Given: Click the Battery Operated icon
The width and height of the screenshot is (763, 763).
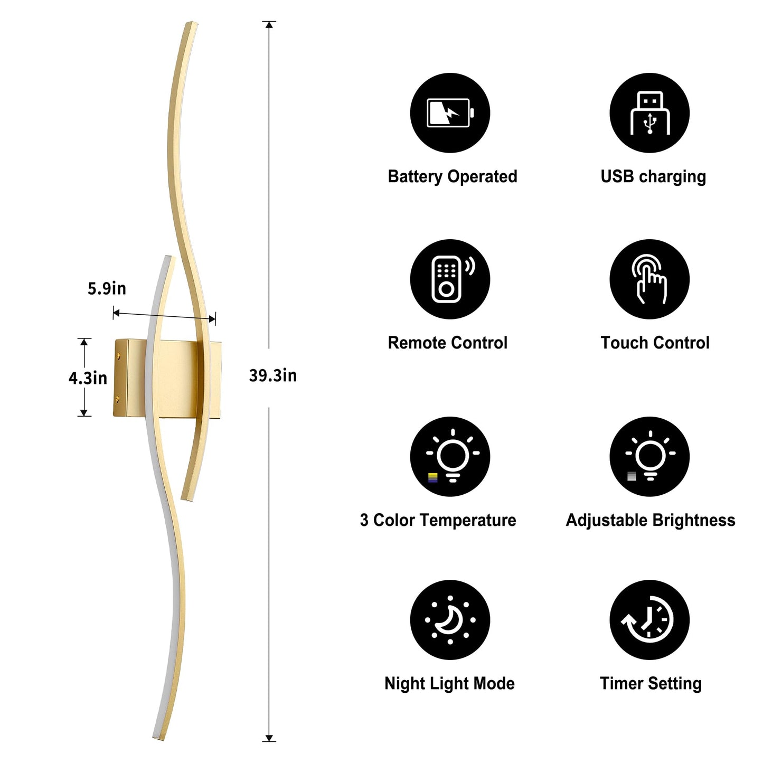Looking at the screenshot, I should (x=450, y=113).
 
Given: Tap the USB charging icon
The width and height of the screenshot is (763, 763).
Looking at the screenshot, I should (x=649, y=113).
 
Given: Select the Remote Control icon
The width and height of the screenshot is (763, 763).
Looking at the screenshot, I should (x=450, y=279).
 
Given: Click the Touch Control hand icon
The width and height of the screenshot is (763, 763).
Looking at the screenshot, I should (x=649, y=279).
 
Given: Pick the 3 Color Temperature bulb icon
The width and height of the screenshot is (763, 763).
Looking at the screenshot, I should (x=450, y=456).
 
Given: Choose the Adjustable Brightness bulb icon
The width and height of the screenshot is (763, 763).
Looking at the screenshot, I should (x=649, y=456).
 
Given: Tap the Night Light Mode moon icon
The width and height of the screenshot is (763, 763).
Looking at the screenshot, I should (x=450, y=620).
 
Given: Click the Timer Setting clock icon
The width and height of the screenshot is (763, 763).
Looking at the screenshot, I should (x=649, y=620).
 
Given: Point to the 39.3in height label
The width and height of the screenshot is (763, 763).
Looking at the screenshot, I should (x=272, y=375).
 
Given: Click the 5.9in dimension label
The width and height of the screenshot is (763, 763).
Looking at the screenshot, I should (x=107, y=288).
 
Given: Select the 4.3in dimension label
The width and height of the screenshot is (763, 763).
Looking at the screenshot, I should (x=88, y=378).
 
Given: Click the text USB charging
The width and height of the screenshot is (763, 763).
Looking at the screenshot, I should (x=653, y=176).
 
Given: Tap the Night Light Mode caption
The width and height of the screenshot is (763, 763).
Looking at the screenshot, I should (x=449, y=683).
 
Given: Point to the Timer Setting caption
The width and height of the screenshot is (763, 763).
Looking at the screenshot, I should (x=651, y=683).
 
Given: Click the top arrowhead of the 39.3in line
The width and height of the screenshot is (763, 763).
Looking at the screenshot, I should (x=269, y=25).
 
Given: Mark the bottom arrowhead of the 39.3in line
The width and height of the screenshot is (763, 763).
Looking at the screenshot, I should (x=269, y=738).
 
